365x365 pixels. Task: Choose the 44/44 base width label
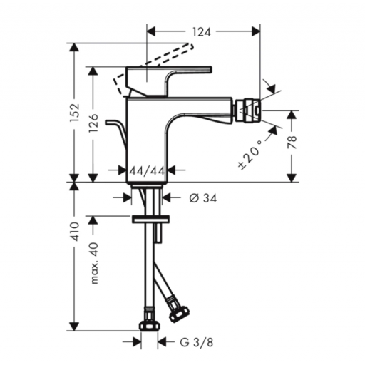147,170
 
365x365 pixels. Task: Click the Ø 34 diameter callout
203,197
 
